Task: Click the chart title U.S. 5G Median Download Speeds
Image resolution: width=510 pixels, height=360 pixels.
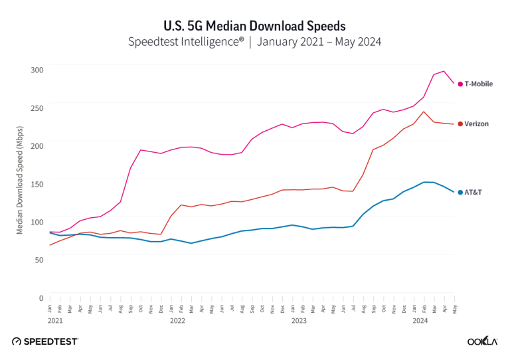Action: tap(255, 26)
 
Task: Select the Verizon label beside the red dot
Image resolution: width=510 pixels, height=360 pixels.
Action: tap(477, 124)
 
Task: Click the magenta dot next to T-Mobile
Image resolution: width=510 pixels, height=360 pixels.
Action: tap(460, 84)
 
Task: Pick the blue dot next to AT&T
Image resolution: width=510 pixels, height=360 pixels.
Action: tap(460, 193)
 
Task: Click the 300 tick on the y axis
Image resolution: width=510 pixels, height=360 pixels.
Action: tap(37, 70)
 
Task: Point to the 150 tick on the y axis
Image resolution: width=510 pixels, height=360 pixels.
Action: tap(37, 183)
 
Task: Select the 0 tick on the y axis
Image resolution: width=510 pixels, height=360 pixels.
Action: tap(41, 298)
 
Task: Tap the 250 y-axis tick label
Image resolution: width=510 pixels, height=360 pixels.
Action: tap(37, 108)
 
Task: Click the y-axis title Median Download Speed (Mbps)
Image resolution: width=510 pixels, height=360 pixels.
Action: tap(20, 183)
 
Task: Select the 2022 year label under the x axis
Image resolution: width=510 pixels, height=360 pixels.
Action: tap(177, 320)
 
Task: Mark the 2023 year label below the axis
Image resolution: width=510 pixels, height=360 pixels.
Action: tap(299, 320)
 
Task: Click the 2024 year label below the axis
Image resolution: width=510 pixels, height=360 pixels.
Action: tap(420, 320)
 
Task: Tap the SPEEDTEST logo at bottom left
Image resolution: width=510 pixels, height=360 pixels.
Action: tap(45, 341)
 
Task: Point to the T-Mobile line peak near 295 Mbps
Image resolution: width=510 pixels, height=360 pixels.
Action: tap(444, 71)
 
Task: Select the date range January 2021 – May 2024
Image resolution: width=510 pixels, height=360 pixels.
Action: tap(320, 42)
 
